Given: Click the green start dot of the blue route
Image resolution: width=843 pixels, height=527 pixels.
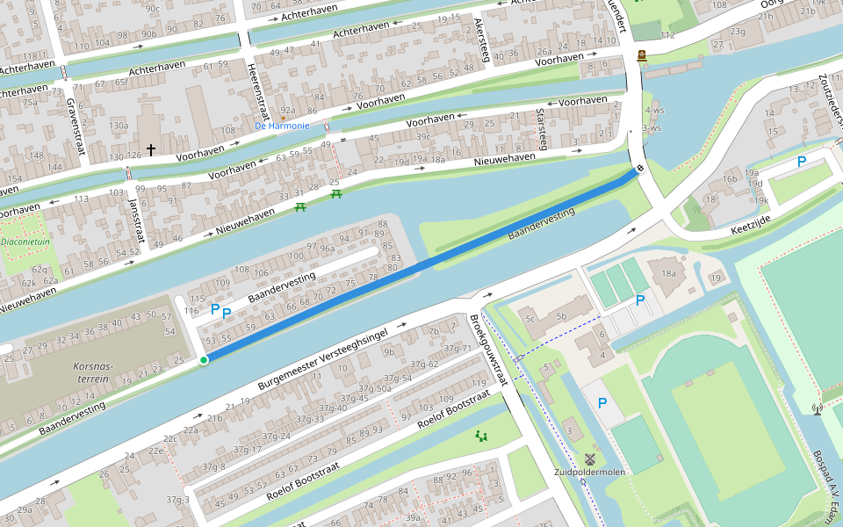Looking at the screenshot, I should tap(204, 360).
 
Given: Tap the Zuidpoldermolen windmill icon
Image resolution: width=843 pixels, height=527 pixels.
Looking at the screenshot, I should tap(590, 458).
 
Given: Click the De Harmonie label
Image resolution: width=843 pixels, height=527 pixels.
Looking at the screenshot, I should tap(282, 126).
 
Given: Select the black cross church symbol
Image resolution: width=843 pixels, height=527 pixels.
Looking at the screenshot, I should tap(150, 150).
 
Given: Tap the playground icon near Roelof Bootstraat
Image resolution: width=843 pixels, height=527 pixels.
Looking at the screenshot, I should tap(481, 435).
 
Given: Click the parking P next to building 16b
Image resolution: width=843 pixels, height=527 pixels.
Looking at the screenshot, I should tap(801, 162).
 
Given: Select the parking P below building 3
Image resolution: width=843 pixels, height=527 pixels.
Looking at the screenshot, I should tap(602, 403).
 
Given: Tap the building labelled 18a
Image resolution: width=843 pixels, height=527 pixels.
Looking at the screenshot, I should tap(669, 274).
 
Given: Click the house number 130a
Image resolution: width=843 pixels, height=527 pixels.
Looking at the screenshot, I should tap(119, 126).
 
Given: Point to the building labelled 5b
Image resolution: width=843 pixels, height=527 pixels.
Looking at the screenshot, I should tap(561, 314).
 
